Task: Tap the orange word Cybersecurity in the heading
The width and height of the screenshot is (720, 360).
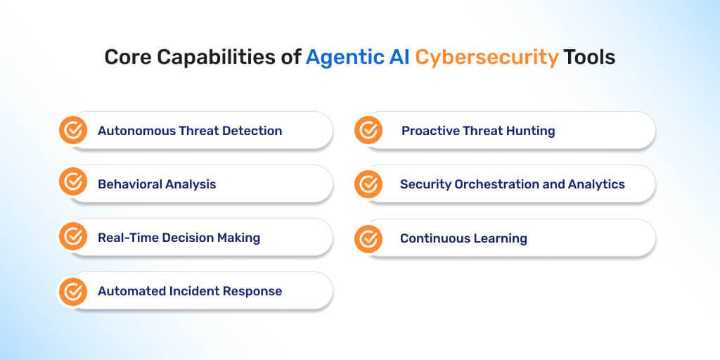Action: (487, 58)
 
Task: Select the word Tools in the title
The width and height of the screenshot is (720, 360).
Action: (589, 58)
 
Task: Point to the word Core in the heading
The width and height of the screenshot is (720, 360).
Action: (128, 58)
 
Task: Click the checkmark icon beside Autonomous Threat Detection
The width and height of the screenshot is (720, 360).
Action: (73, 130)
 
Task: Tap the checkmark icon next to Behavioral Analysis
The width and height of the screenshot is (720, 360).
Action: (73, 181)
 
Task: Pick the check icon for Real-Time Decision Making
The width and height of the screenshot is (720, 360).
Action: (73, 236)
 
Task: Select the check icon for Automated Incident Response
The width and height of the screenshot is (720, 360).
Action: (73, 292)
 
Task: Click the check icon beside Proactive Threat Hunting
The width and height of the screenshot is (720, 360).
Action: (368, 130)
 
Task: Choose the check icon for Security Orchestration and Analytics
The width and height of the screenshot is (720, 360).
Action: (368, 184)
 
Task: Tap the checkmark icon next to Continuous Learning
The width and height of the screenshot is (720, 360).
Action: (368, 239)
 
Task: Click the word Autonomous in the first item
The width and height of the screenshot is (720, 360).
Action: (137, 131)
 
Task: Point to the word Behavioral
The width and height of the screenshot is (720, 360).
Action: (130, 185)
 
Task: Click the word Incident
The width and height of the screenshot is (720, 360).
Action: (194, 291)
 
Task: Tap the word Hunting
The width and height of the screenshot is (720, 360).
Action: (530, 131)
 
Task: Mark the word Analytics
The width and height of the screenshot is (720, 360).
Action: (596, 185)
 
